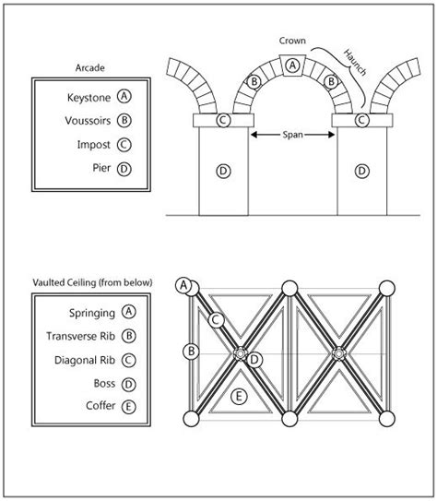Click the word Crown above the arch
(292, 41)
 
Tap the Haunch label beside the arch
(355, 63)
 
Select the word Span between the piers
(293, 135)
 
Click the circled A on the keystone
(292, 66)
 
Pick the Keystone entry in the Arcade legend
(89, 98)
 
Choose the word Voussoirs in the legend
(88, 121)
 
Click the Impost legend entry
(93, 145)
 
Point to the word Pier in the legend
(101, 168)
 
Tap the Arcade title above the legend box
(90, 67)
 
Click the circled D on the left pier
(223, 171)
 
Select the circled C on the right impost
(361, 120)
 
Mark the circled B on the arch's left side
(254, 82)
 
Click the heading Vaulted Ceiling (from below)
(92, 282)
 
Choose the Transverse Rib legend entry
(80, 336)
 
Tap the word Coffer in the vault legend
(100, 406)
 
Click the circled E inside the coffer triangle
(239, 397)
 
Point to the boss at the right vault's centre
(337, 353)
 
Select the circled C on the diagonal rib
(217, 320)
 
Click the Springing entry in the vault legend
(92, 313)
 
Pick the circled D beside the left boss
(254, 360)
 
